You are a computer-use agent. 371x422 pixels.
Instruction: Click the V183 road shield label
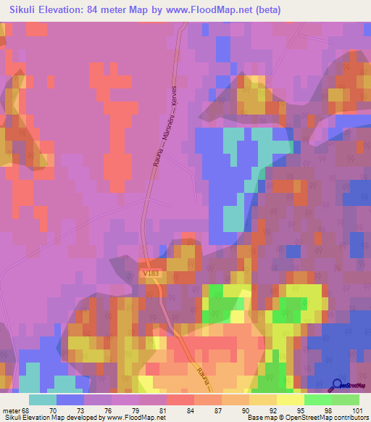(x=151, y=273)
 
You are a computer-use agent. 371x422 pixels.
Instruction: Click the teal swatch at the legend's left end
(x=43, y=399)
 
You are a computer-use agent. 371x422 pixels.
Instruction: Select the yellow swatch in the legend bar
(x=290, y=399)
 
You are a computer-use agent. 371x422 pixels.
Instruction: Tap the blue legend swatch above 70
(x=70, y=399)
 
